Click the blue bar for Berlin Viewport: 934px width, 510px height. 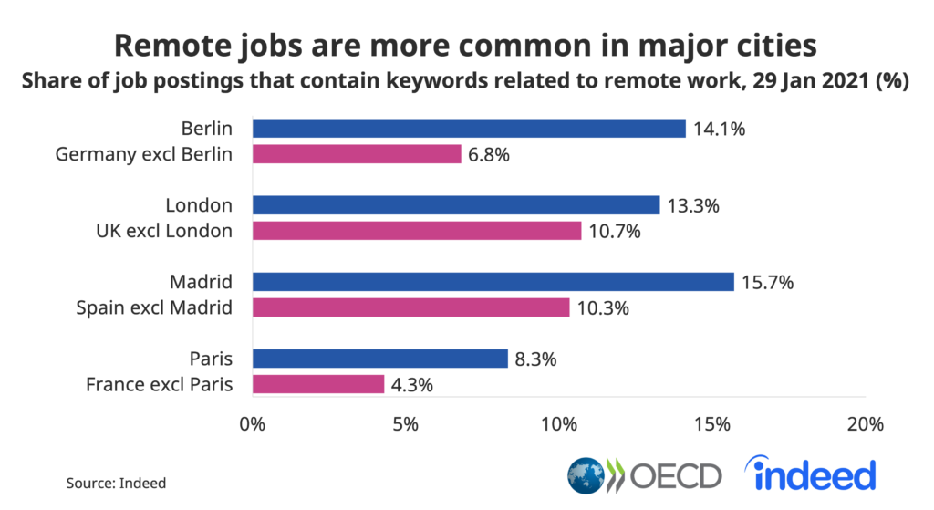click(468, 129)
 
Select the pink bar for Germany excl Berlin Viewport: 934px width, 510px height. click(357, 154)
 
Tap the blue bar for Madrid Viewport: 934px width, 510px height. click(493, 282)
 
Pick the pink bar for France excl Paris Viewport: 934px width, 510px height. click(317, 384)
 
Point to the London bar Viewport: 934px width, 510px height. click(455, 205)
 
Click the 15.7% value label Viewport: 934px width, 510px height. click(768, 283)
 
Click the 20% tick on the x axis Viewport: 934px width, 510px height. click(864, 424)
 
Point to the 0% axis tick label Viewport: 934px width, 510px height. click(251, 424)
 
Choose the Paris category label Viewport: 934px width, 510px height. click(211, 359)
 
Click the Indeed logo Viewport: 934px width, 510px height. click(810, 474)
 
